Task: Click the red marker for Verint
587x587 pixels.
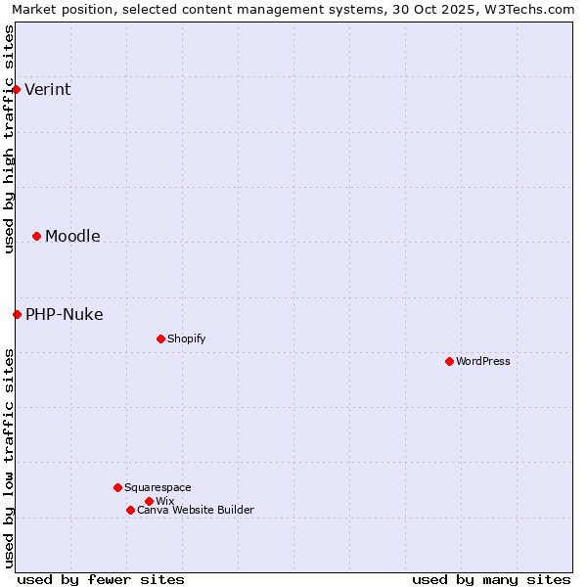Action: point(17,89)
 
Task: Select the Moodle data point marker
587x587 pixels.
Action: point(36,236)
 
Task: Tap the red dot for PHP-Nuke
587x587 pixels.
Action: point(17,314)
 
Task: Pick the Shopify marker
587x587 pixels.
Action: point(160,339)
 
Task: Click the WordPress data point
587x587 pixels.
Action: point(449,361)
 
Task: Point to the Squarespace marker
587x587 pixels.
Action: point(117,487)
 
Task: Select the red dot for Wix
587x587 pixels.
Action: point(149,501)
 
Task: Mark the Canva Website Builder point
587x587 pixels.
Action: point(130,510)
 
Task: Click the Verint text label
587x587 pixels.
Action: point(48,90)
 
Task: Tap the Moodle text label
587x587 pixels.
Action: point(72,237)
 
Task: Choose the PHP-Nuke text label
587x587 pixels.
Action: point(65,315)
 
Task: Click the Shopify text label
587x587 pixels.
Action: point(186,339)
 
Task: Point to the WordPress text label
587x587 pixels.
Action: point(483,362)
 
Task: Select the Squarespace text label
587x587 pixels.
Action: point(158,488)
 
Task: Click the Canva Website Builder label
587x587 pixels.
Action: point(196,511)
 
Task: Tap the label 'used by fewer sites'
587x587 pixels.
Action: point(101,579)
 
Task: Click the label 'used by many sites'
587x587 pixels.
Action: point(491,579)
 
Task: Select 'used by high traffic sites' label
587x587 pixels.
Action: point(9,139)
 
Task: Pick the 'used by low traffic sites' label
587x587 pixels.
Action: point(9,458)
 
